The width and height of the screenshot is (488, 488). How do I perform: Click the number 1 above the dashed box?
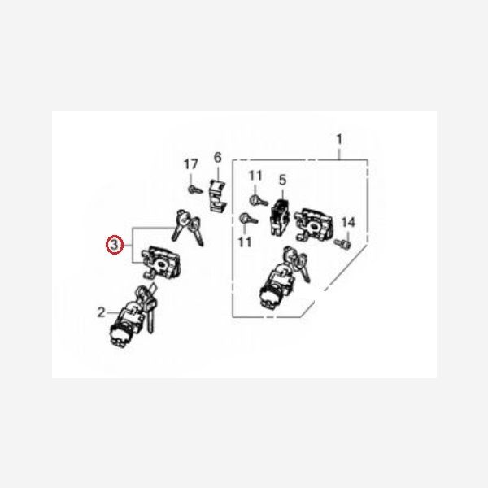tap(339, 139)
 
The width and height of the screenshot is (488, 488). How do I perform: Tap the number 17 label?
tap(190, 164)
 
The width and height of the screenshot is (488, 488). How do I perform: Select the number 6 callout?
tap(217, 158)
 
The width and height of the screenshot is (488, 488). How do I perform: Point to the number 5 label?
tap(282, 180)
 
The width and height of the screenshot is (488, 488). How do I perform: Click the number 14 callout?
tap(348, 222)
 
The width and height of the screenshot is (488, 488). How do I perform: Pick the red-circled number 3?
tap(115, 245)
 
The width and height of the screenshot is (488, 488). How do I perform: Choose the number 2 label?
tap(102, 312)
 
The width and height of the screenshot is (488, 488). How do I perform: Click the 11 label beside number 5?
tap(255, 176)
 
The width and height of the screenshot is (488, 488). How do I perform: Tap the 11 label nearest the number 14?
tap(245, 242)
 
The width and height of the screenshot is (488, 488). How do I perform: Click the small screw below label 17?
tap(195, 190)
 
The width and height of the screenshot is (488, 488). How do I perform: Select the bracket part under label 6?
tap(217, 195)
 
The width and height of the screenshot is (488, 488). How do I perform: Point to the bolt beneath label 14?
tap(342, 243)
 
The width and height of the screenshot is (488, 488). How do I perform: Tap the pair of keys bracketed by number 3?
tap(188, 228)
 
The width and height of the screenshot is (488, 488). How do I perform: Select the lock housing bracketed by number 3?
tap(161, 262)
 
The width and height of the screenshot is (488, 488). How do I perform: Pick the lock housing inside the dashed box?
tap(314, 225)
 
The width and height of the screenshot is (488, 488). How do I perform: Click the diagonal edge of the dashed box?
tap(334, 281)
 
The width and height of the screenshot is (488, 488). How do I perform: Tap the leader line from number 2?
tap(112, 312)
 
